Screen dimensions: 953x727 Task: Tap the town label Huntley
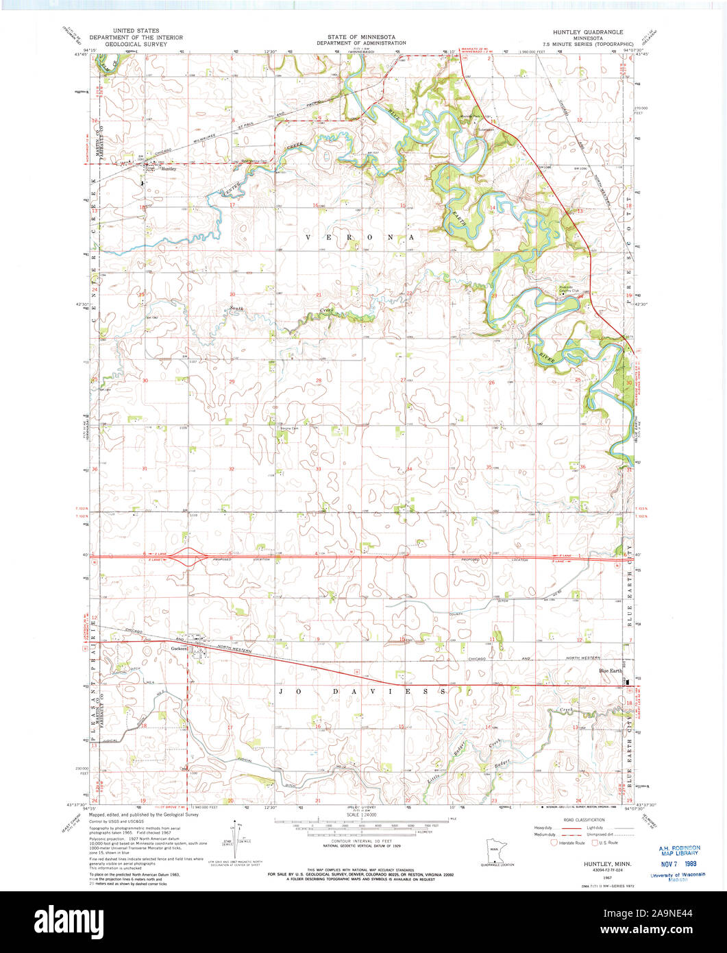[x=169, y=169]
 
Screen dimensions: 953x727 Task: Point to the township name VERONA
[x=360, y=237]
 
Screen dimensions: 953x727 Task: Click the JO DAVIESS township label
[x=363, y=692]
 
